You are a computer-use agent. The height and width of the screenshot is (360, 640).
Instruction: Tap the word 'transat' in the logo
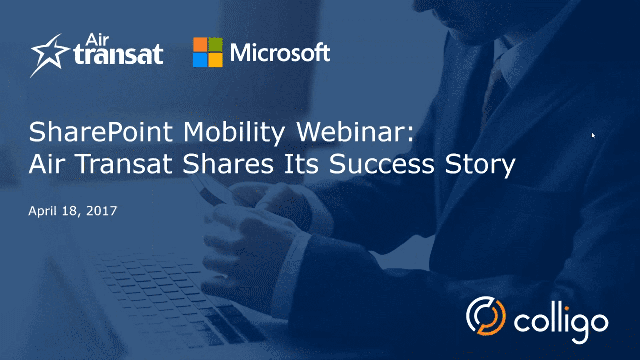pyautogui.click(x=118, y=54)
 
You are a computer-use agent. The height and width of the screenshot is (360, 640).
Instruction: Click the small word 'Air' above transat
pyautogui.click(x=97, y=40)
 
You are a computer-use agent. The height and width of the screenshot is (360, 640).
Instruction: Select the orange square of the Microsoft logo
pyautogui.click(x=200, y=45)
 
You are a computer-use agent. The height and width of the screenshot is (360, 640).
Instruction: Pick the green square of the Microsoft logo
pyautogui.click(x=215, y=45)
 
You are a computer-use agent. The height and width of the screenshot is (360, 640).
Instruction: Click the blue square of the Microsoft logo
pyautogui.click(x=200, y=60)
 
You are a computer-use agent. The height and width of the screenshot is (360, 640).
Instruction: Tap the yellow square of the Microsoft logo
pyautogui.click(x=215, y=60)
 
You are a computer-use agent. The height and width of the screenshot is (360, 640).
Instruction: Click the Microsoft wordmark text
pyautogui.click(x=280, y=53)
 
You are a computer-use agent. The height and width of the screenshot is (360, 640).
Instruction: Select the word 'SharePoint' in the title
pyautogui.click(x=101, y=132)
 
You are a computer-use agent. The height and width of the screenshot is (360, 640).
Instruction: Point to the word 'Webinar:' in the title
pyautogui.click(x=355, y=132)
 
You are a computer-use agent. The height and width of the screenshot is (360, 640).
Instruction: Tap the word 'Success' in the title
pyautogui.click(x=382, y=164)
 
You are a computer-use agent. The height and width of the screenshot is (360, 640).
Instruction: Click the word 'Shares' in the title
pyautogui.click(x=228, y=164)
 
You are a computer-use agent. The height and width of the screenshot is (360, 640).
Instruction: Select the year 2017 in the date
pyautogui.click(x=101, y=211)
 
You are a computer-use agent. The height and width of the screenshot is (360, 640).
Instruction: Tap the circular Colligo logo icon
pyautogui.click(x=486, y=316)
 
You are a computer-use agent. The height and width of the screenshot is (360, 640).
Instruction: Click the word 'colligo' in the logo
pyautogui.click(x=561, y=322)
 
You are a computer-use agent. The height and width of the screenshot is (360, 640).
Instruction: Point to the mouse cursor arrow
pyautogui.click(x=593, y=135)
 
